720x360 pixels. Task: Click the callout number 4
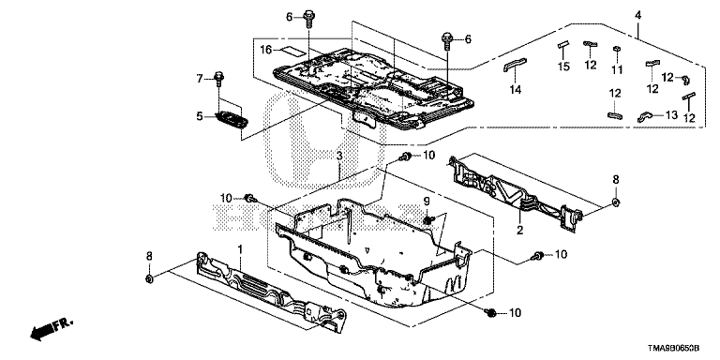click(x=637, y=16)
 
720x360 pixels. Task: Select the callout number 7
click(x=200, y=79)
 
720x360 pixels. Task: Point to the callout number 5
click(x=200, y=116)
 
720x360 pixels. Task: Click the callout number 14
click(x=517, y=90)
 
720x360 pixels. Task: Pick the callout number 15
click(x=563, y=67)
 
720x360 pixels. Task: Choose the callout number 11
click(x=618, y=69)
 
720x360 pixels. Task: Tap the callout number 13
click(x=671, y=115)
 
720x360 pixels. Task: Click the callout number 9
click(x=427, y=201)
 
